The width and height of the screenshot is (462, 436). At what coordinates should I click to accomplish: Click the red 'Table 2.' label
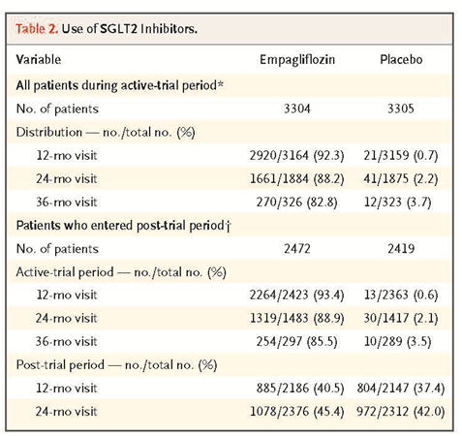(x=37, y=29)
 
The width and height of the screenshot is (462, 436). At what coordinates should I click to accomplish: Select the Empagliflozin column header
(x=297, y=60)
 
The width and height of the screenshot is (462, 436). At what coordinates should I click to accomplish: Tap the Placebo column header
(x=401, y=59)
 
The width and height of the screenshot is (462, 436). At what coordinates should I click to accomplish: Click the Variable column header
(x=39, y=59)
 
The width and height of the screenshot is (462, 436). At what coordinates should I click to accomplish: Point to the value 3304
(x=297, y=109)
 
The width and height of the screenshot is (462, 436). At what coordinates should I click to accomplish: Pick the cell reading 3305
(x=401, y=109)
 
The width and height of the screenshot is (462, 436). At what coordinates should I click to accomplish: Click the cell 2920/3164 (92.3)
(x=296, y=155)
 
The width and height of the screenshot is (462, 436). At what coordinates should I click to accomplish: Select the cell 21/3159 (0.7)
(x=401, y=155)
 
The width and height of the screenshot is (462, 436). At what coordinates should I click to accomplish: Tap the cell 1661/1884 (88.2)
(x=296, y=178)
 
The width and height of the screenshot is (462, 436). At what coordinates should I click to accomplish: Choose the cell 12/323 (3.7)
(x=397, y=202)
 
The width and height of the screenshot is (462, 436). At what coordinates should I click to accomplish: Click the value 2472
(x=297, y=249)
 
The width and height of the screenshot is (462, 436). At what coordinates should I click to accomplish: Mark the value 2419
(x=401, y=249)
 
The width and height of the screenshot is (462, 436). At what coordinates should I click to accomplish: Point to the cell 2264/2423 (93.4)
(x=296, y=295)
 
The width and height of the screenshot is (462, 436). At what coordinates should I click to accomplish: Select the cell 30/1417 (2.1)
(x=401, y=318)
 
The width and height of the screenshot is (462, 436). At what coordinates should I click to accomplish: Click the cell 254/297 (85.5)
(x=296, y=341)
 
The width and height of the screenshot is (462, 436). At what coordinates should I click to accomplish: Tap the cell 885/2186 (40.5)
(x=300, y=388)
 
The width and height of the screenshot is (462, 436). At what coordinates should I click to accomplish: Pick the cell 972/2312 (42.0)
(x=401, y=412)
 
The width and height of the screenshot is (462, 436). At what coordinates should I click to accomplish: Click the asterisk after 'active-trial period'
(x=220, y=83)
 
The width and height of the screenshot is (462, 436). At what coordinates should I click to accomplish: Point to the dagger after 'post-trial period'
(x=228, y=226)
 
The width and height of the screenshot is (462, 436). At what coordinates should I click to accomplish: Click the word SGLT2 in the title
(x=118, y=29)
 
